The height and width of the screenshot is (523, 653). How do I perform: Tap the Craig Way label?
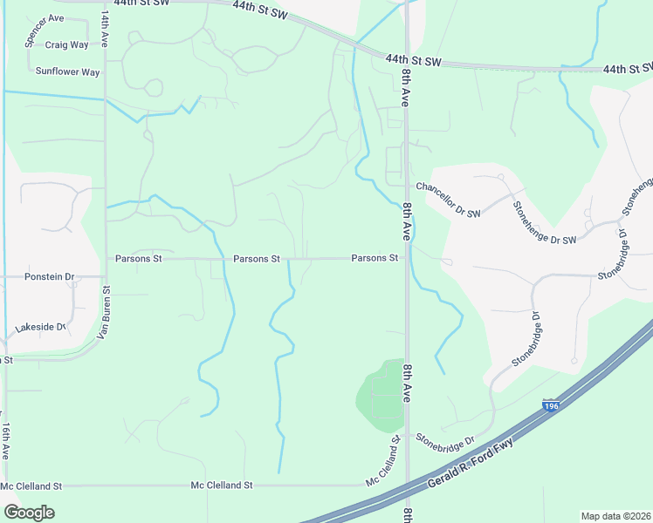click(67, 44)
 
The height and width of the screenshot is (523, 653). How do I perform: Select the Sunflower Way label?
click(67, 72)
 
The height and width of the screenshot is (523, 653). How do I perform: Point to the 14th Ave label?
click(105, 29)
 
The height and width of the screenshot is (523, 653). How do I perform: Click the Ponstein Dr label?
click(50, 276)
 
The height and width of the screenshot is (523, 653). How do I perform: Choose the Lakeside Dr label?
click(41, 328)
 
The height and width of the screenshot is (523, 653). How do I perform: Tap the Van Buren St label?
click(102, 314)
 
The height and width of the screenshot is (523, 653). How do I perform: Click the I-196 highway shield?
click(550, 405)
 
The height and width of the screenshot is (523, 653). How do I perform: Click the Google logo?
click(29, 513)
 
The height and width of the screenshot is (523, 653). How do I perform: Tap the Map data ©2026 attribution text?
click(615, 515)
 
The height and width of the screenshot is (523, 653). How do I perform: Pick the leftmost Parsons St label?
click(139, 259)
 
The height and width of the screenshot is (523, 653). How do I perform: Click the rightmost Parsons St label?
click(375, 258)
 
